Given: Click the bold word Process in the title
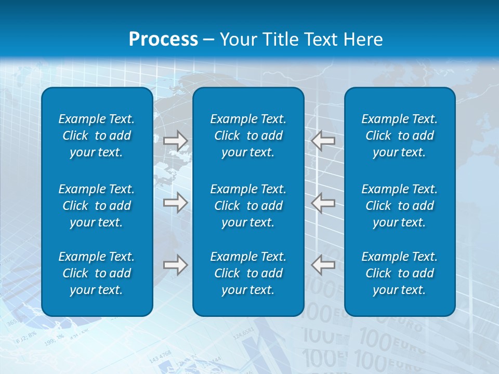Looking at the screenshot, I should point(163,39).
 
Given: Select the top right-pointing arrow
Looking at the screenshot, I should point(175,140).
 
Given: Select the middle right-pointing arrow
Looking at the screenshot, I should point(175,203).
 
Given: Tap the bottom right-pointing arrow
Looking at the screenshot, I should point(175,265).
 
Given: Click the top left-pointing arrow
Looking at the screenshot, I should point(323,140).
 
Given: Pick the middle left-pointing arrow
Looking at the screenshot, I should point(323,203).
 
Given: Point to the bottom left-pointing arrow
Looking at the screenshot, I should point(323,265).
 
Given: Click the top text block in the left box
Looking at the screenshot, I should point(97,136).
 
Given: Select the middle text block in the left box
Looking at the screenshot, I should point(97,206).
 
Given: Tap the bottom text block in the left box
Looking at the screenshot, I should point(97,273).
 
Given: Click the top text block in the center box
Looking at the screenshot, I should point(248,136).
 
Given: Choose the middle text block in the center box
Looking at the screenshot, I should point(248,206).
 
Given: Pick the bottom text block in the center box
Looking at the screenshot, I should point(248,273).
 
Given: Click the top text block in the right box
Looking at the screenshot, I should point(400,136).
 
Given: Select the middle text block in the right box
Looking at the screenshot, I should point(400,206).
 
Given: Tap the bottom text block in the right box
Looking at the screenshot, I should point(400,273).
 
